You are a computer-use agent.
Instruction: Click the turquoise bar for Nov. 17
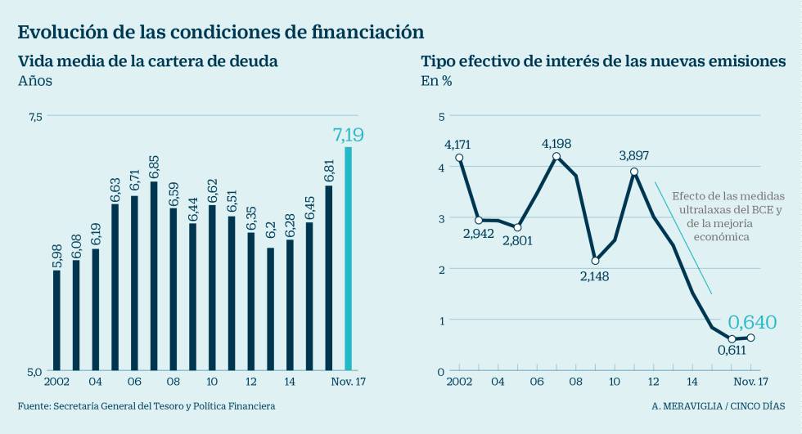pyautogui.click(x=348, y=259)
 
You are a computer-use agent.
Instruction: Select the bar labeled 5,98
pyautogui.click(x=56, y=320)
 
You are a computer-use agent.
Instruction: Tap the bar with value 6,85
pyautogui.click(x=154, y=275)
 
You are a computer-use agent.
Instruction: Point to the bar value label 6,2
pyautogui.click(x=270, y=231)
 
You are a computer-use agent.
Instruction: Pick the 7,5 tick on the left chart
pyautogui.click(x=34, y=117)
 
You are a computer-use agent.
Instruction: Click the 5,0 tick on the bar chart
pyautogui.click(x=34, y=371)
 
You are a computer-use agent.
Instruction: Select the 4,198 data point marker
pyautogui.click(x=556, y=156)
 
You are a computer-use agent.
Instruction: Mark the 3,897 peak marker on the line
pyautogui.click(x=634, y=172)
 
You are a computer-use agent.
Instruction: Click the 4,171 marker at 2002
pyautogui.click(x=460, y=158)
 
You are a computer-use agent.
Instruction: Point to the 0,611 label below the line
pyautogui.click(x=732, y=351)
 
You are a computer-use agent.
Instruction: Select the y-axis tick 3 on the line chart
pyautogui.click(x=441, y=218)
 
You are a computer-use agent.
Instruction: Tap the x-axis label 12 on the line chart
pyautogui.click(x=653, y=382)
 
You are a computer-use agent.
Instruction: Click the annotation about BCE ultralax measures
pyautogui.click(x=716, y=216)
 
